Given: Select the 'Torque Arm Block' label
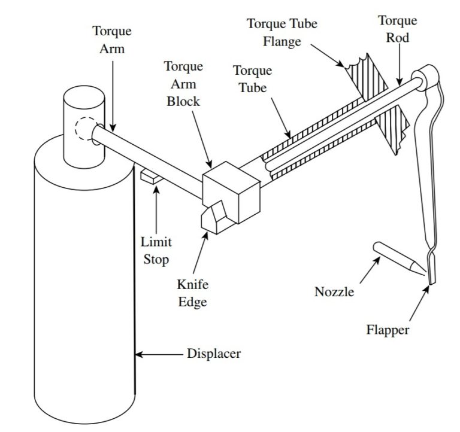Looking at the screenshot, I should tap(183, 84).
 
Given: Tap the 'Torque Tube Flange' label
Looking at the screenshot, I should tap(282, 32).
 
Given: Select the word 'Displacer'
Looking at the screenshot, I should tap(214, 354).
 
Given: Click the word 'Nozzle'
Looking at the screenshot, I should tap(334, 292).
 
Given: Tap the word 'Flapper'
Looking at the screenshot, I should tap(388, 330).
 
